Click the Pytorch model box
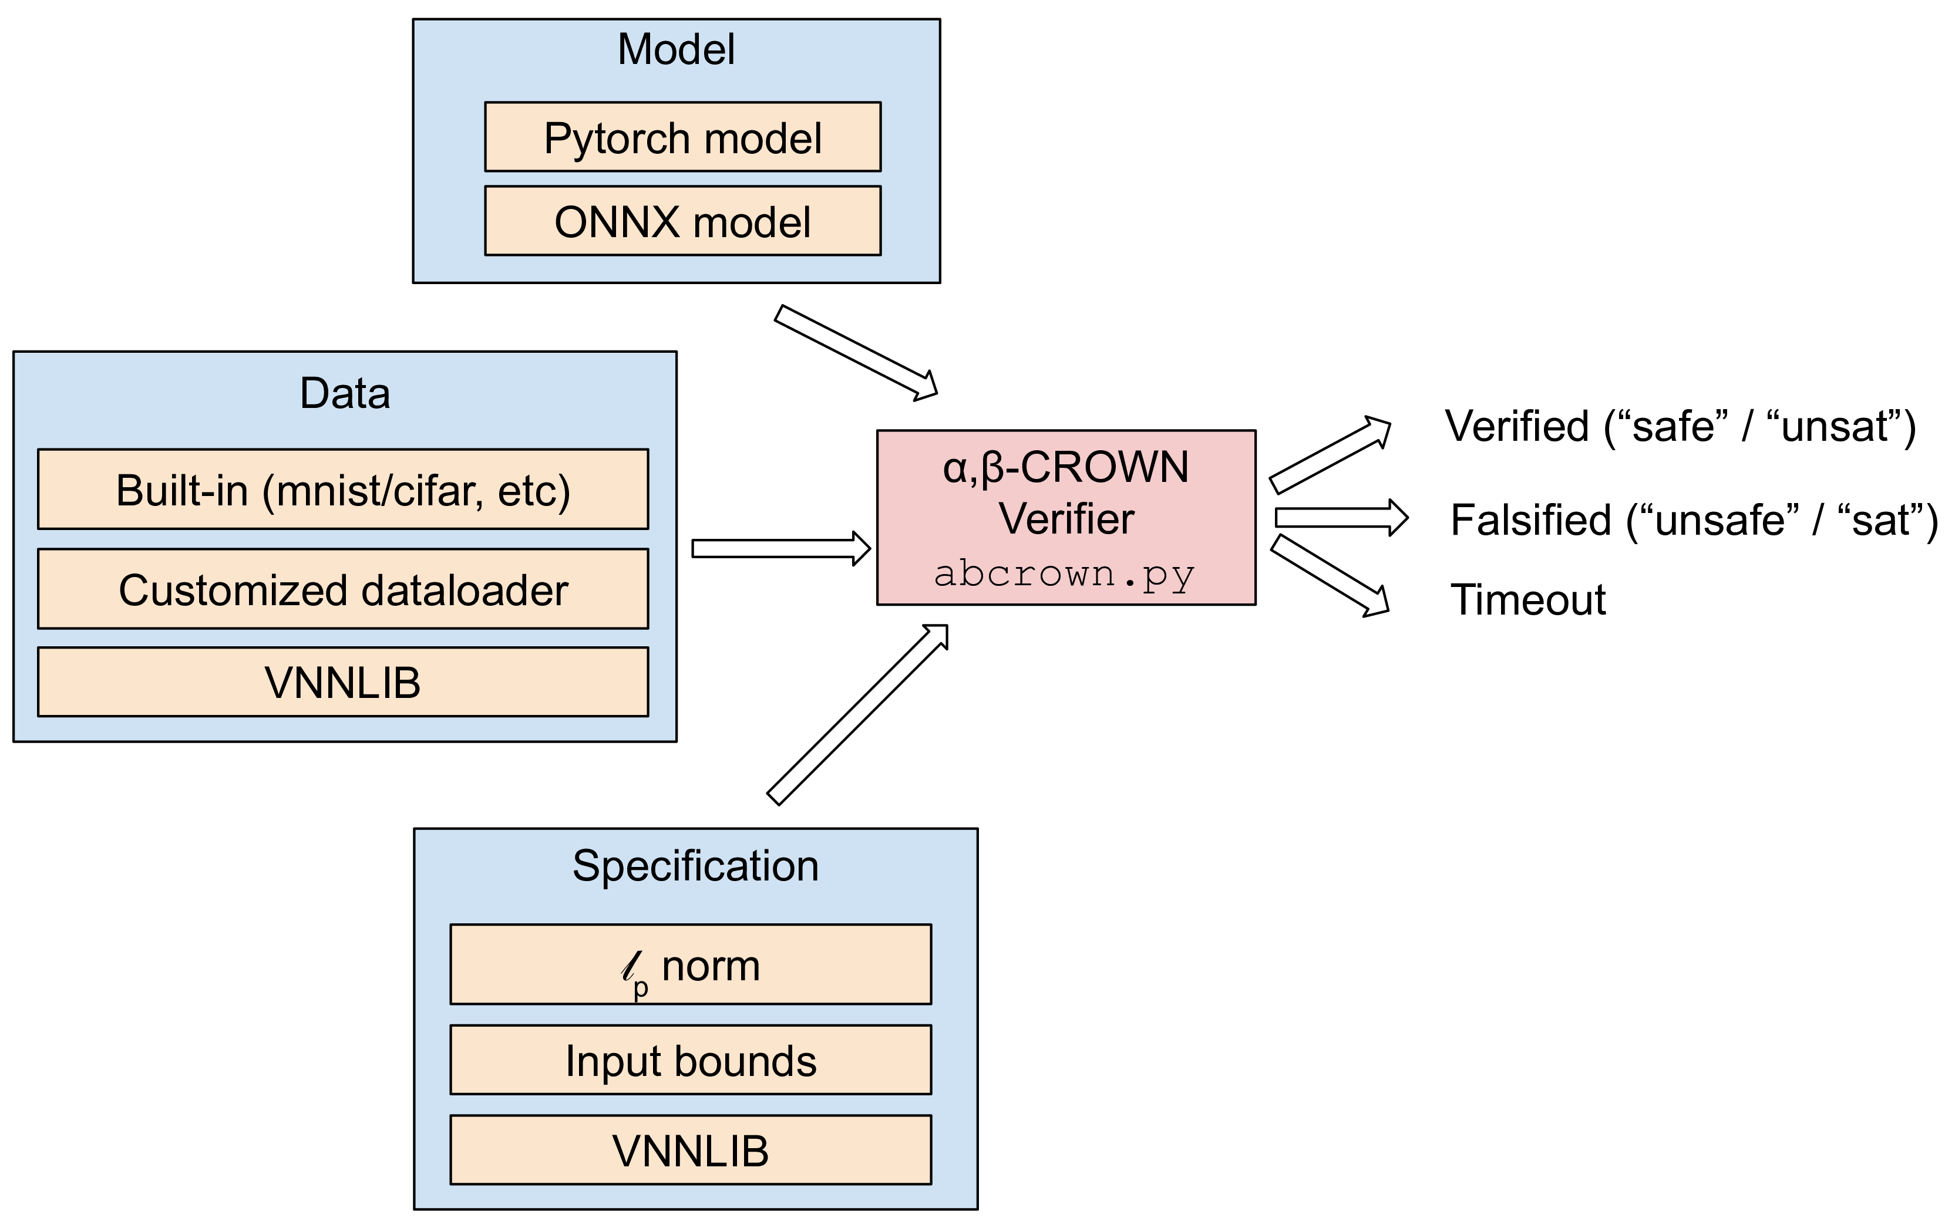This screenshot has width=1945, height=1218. point(682,137)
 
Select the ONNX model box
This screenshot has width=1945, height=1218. point(682,221)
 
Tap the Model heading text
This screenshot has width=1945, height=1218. point(675,49)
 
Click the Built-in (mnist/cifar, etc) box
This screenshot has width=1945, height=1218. point(342,490)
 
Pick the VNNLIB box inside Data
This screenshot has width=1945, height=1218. point(342,682)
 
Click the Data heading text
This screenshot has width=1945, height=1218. point(345,393)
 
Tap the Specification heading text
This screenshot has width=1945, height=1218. point(695,866)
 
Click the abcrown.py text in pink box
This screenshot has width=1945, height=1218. point(1064,574)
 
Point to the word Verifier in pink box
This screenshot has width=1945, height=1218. point(1066,518)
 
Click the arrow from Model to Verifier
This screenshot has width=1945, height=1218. point(854,351)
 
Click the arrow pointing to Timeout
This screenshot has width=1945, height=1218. point(1330,577)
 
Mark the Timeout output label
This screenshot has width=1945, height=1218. point(1527,600)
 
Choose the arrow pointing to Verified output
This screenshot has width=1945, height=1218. point(1330,455)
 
